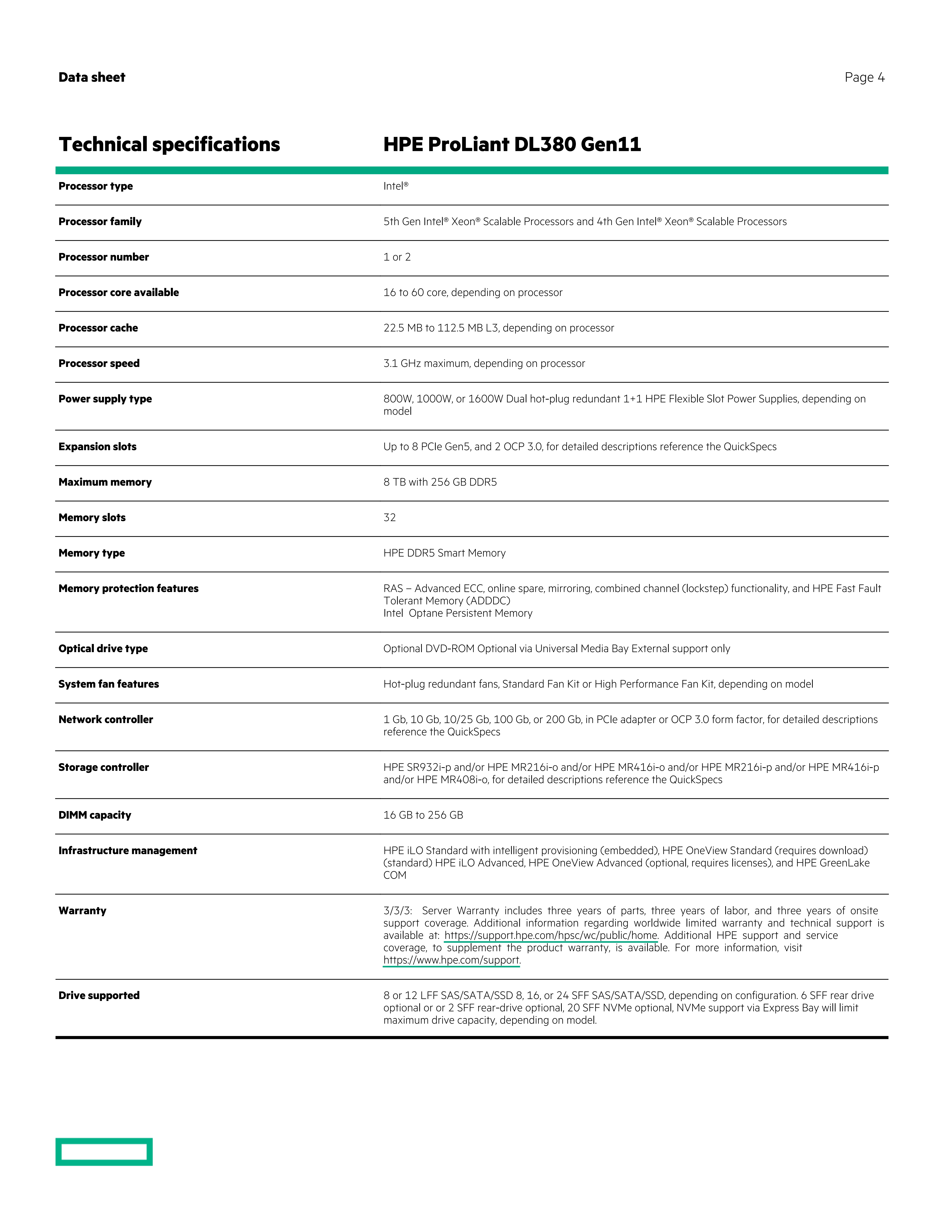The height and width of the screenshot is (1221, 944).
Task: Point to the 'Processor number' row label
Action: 103,257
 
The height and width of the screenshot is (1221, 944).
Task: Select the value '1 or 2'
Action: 397,257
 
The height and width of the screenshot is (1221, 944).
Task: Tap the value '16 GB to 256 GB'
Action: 423,815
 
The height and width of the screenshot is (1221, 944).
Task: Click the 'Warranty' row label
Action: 82,911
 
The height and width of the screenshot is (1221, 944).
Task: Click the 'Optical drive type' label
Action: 103,648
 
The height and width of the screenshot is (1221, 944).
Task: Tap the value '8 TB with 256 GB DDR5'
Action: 440,482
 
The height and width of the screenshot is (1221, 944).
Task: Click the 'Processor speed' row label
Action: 99,363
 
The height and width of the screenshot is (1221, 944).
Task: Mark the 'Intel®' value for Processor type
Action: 395,186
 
